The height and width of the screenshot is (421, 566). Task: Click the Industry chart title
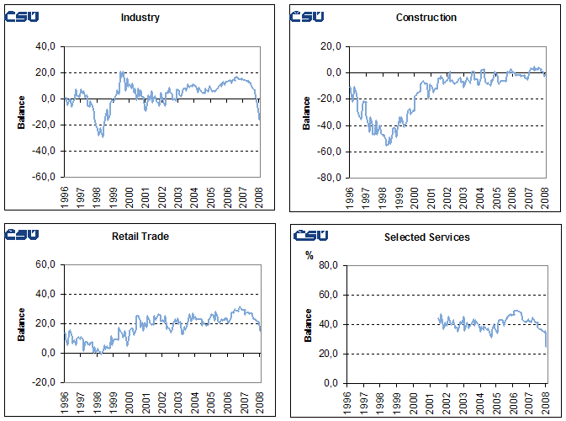(x=140, y=17)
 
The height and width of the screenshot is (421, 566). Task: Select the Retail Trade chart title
(x=140, y=236)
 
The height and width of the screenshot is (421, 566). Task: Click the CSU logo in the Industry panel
(x=21, y=16)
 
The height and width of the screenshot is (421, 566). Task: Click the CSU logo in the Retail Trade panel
(x=21, y=235)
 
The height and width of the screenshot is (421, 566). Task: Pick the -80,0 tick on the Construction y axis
(x=327, y=178)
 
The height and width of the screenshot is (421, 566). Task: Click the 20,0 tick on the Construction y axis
(x=329, y=47)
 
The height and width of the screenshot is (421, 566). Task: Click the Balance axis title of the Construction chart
(x=307, y=113)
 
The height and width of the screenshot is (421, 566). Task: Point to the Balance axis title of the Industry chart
(x=22, y=113)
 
